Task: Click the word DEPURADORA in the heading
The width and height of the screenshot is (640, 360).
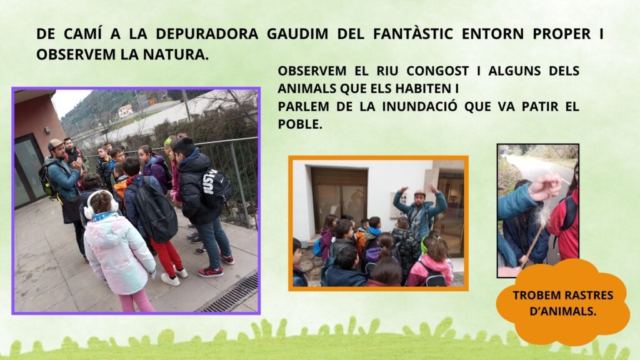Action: pyautogui.click(x=207, y=34)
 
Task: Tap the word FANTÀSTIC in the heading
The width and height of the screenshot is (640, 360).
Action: pyautogui.click(x=412, y=34)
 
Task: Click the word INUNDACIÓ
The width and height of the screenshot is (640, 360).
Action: pyautogui.click(x=419, y=106)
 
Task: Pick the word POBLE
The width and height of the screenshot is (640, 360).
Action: pyautogui.click(x=300, y=124)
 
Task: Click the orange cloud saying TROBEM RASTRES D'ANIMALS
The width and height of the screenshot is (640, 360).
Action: pyautogui.click(x=563, y=302)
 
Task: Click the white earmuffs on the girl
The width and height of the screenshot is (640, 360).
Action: pyautogui.click(x=101, y=205)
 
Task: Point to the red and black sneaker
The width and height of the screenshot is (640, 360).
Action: pyautogui.click(x=211, y=272)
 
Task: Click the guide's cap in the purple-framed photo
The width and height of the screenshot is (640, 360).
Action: pyautogui.click(x=55, y=144)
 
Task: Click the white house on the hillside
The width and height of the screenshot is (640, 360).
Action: pyautogui.click(x=125, y=111)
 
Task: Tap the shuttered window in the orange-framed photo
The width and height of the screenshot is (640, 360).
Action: pyautogui.click(x=339, y=199)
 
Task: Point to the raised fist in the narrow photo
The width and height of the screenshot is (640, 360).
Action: pyautogui.click(x=545, y=187)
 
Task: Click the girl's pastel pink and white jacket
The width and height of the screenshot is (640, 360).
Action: pyautogui.click(x=117, y=252)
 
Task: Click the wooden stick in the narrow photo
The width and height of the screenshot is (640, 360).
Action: pyautogui.click(x=534, y=244)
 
